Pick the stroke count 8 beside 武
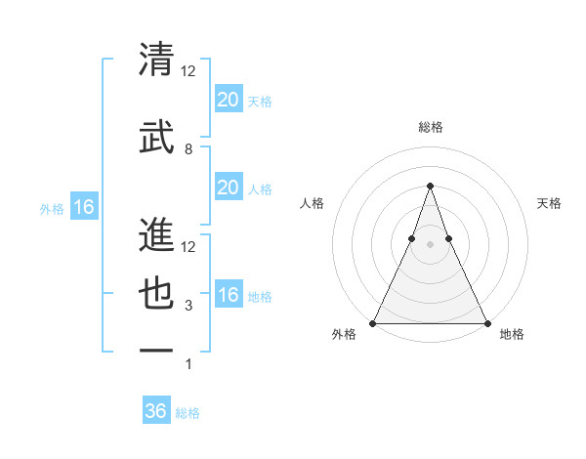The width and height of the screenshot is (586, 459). tap(188, 149)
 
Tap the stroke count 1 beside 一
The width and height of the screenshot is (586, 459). tap(188, 365)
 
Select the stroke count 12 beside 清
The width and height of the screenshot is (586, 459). tap(188, 71)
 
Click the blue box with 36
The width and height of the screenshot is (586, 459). tap(156, 411)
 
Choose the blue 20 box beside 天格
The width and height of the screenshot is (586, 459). tap(228, 99)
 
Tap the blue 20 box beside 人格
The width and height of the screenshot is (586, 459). tap(228, 188)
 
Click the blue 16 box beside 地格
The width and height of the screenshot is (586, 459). tap(228, 295)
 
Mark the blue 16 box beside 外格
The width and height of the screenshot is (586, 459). tap(83, 207)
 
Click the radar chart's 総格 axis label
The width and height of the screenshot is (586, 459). tap(430, 127)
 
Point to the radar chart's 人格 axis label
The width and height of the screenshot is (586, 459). tap(313, 203)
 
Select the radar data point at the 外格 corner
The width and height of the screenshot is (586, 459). tap(373, 322)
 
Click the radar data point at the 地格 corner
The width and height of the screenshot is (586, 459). tap(486, 322)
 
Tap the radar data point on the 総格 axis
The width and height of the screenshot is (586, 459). tap(430, 186)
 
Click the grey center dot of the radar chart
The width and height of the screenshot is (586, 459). tap(430, 245)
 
